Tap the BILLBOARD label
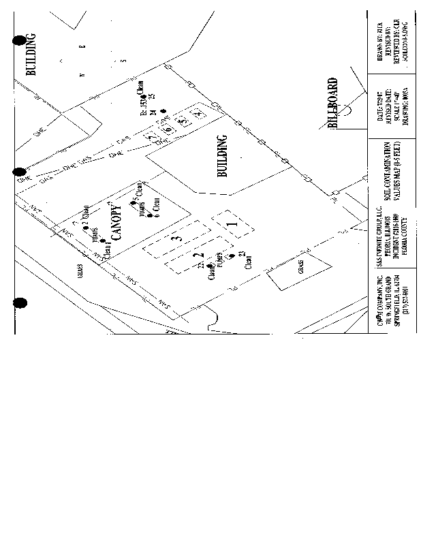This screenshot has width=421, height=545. coord(333,103)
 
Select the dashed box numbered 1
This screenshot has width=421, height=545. coord(232,223)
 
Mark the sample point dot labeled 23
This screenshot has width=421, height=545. coord(232,255)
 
